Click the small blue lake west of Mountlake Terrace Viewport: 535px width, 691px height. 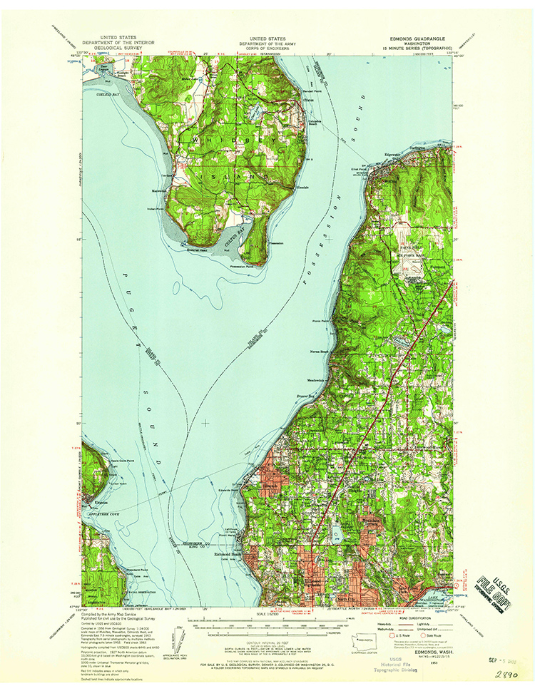(335, 533)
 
